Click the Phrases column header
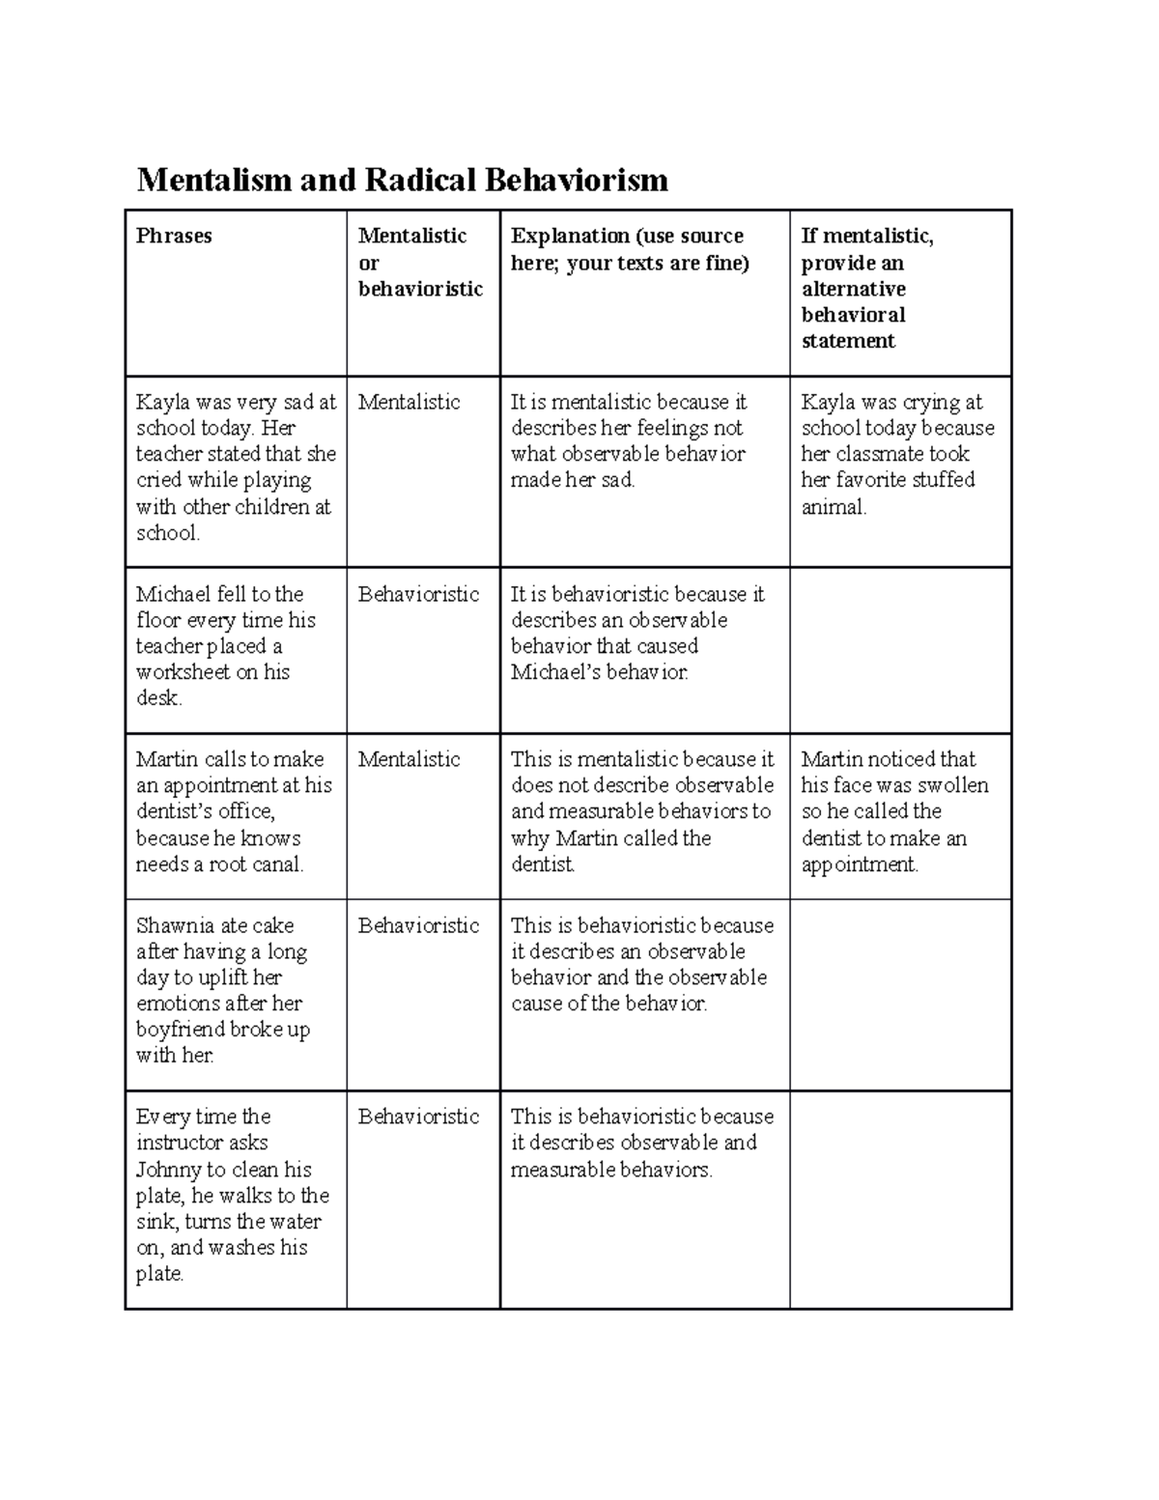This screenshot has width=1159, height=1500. click(174, 236)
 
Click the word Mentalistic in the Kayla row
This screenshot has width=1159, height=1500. click(409, 402)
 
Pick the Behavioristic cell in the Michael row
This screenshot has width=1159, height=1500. click(418, 594)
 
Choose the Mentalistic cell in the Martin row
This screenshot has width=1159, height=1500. click(409, 759)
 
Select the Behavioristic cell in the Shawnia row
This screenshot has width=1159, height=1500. click(418, 925)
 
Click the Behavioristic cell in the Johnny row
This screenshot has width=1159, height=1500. click(418, 1117)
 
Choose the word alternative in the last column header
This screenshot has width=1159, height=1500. click(853, 289)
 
